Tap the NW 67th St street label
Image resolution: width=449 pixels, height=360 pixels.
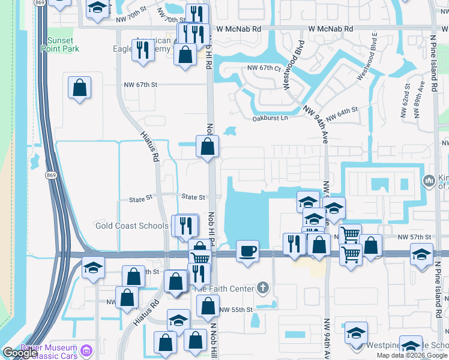[140, 85]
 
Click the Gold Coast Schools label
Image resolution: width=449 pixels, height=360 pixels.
[132, 226]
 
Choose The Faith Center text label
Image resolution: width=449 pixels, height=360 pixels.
[224, 289]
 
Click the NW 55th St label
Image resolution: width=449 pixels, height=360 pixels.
[237, 310]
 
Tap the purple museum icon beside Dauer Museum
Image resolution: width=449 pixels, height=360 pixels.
[87, 350]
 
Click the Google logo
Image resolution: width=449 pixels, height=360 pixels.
[19, 352]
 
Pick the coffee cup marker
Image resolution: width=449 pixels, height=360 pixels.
[247, 250]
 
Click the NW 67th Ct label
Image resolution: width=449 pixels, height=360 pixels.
[264, 68]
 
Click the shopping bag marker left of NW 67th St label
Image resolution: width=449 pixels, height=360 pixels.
[79, 88]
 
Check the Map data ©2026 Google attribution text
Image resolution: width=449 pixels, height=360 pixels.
[412, 355]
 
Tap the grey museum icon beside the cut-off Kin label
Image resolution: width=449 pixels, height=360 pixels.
[429, 181]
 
